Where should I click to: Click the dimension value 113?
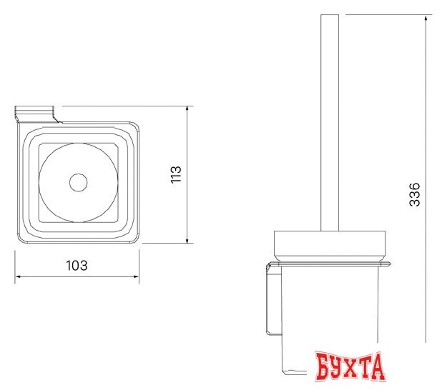pyautogui.click(x=177, y=175)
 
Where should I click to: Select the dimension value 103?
pyautogui.click(x=77, y=265)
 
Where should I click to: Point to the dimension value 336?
pyautogui.click(x=415, y=195)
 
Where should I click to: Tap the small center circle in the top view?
pyautogui.click(x=77, y=182)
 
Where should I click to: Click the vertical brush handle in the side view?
pyautogui.click(x=330, y=121)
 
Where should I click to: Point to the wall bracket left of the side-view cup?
pyautogui.click(x=270, y=300)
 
